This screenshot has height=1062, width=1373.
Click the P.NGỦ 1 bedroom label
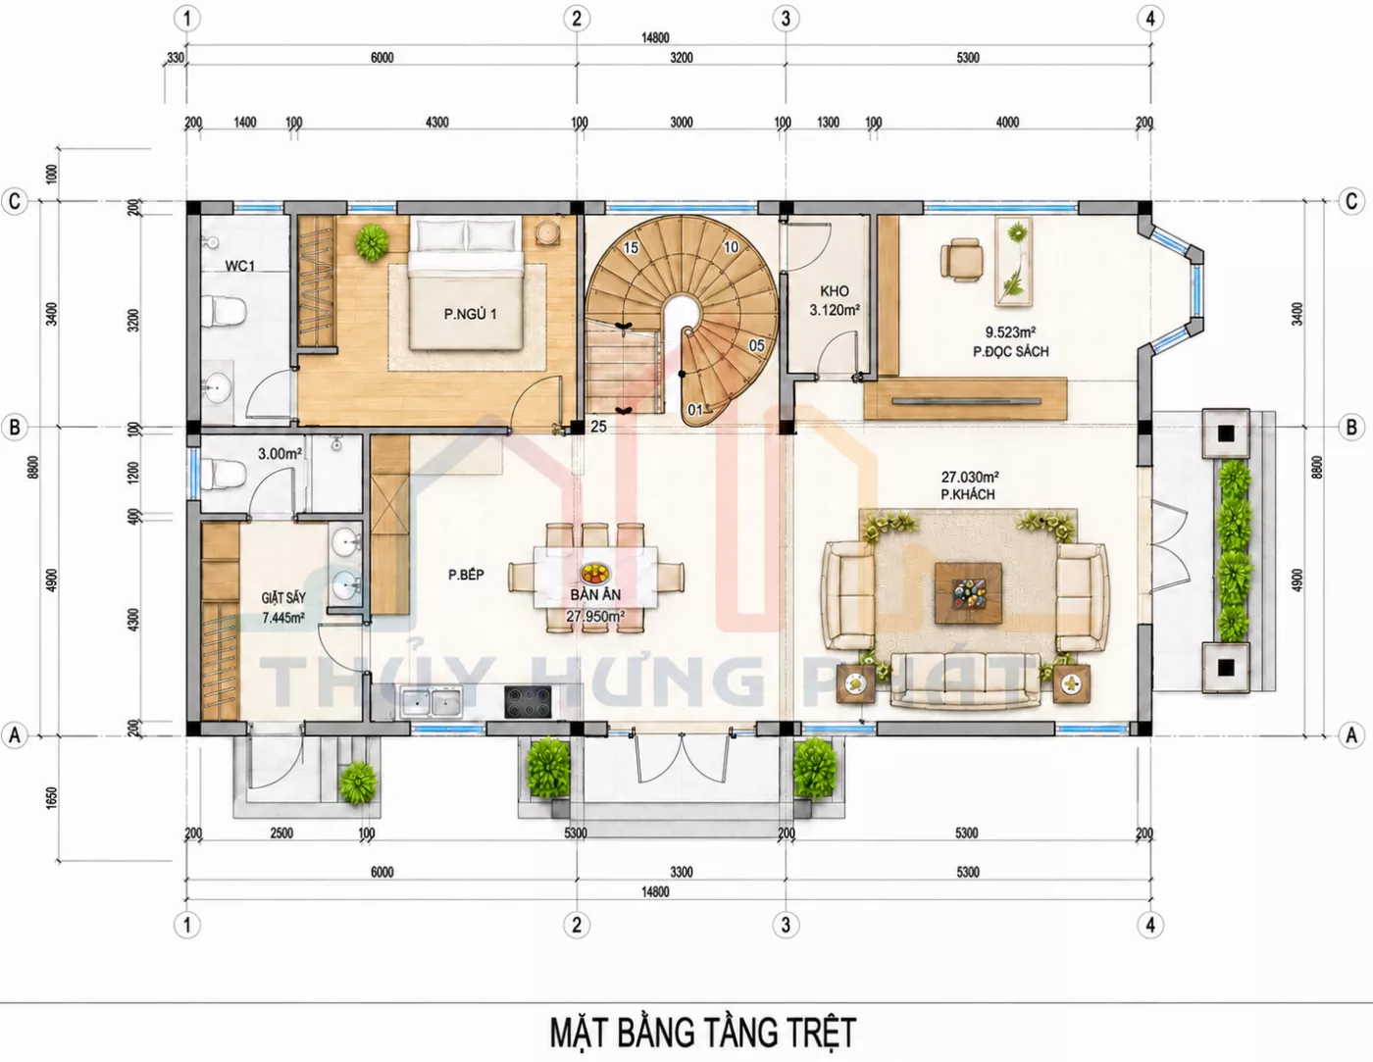point(470,314)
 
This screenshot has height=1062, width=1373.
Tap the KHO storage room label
point(834,291)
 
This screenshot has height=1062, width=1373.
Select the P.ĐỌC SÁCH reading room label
point(1010,351)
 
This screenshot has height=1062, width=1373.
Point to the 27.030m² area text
point(969,477)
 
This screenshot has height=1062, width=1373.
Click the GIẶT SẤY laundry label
point(283,597)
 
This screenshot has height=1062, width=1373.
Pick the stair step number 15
point(631,248)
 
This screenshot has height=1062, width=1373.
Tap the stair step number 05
point(756,345)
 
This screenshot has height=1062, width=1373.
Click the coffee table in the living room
point(968,592)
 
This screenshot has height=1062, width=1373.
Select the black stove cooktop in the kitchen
point(528,702)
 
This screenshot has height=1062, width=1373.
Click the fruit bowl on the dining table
point(595,574)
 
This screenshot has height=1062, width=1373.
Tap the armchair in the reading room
point(961,259)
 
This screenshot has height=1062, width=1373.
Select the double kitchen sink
point(431,702)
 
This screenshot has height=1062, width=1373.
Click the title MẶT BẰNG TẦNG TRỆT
point(702,1032)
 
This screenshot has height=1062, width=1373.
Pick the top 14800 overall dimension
point(655,38)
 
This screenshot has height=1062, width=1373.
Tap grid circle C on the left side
point(14,202)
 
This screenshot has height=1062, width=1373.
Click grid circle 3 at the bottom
point(786,925)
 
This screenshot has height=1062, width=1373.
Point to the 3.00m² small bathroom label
point(280,454)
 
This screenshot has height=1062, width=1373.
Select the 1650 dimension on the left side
point(52,797)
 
